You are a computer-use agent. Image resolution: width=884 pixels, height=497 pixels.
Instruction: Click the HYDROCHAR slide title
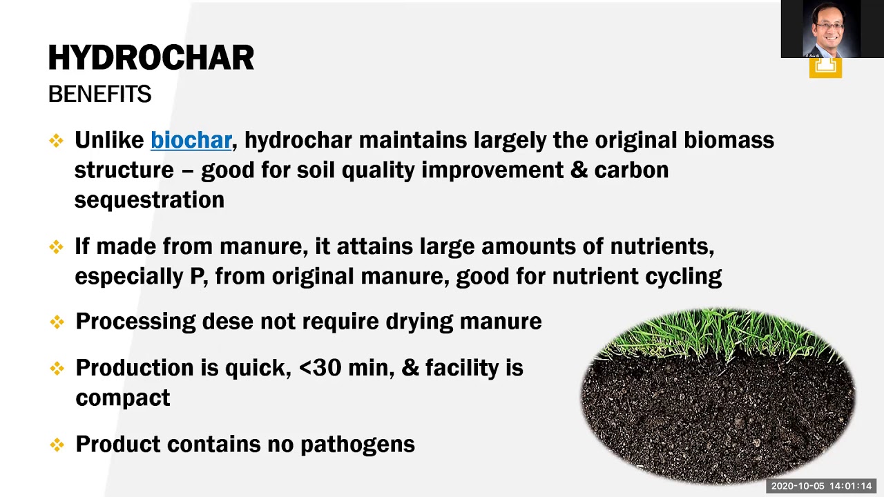pos(151,58)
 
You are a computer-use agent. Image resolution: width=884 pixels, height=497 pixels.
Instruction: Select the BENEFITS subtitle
pos(99,95)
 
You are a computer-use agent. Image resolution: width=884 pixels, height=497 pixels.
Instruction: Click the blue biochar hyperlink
pos(191,140)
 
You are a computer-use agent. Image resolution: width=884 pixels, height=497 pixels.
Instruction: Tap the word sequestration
pos(149,200)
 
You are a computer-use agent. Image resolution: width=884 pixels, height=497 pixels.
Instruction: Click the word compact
pos(122,398)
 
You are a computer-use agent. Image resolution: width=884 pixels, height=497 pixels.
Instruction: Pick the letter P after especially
pos(197,276)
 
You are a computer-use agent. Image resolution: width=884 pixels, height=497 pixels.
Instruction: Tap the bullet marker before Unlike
pos(56,141)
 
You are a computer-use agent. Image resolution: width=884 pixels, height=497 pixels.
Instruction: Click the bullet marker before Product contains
pos(57,445)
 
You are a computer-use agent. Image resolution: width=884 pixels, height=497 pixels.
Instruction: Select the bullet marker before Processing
pos(57,322)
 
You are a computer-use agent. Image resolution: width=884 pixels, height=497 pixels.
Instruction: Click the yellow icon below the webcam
pos(825,67)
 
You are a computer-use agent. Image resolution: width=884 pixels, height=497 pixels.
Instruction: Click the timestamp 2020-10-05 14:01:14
pos(821,486)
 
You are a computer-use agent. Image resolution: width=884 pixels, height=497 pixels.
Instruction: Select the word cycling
pos(683,276)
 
